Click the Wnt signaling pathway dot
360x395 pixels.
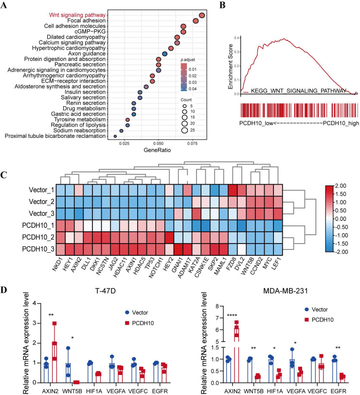(x=202, y=16)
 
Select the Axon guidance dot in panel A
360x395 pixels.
(x=164, y=54)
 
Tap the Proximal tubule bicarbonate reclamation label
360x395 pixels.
(x=55, y=136)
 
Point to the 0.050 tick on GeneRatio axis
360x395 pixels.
(x=159, y=143)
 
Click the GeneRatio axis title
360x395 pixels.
(x=157, y=150)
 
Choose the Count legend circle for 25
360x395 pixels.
(x=185, y=130)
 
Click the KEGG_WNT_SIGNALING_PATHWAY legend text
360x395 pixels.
(x=299, y=91)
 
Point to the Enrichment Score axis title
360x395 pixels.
(x=230, y=67)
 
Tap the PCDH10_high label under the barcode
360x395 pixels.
(x=341, y=123)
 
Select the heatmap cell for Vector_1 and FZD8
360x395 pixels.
(x=233, y=190)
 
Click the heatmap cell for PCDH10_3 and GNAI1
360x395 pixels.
(x=179, y=249)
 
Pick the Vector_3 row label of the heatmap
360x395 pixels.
(x=41, y=213)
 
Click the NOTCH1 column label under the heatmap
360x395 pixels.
(x=156, y=267)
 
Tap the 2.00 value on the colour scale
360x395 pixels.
(x=341, y=186)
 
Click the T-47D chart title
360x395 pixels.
(x=106, y=291)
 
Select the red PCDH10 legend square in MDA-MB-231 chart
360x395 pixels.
(x=306, y=320)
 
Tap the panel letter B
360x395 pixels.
(x=222, y=5)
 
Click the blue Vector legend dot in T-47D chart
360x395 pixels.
(x=127, y=312)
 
